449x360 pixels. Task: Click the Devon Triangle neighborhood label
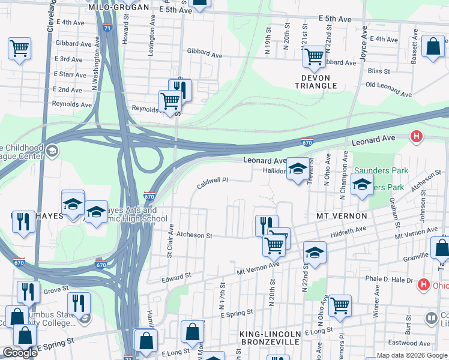click(x=316, y=81)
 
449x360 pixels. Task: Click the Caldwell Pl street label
click(x=212, y=180)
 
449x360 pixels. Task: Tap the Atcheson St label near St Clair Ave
click(x=193, y=236)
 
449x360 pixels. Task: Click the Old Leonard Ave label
click(x=388, y=89)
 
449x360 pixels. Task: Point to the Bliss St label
click(x=378, y=71)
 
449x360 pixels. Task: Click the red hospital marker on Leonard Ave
click(x=415, y=137)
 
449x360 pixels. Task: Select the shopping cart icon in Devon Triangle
click(x=314, y=57)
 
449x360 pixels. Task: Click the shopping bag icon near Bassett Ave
click(x=432, y=46)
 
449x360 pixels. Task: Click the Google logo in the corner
click(x=20, y=353)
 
